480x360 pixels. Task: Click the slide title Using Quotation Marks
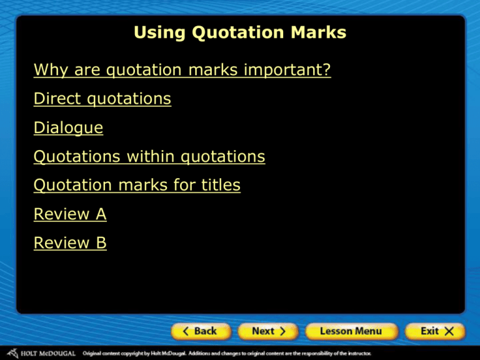point(240,32)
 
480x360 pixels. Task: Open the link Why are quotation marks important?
point(182,71)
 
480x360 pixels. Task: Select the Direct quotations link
point(102,99)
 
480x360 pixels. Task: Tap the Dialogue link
point(69,128)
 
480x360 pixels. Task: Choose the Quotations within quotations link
point(149,157)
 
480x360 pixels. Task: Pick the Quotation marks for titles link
point(137,186)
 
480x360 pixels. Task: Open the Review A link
point(70,214)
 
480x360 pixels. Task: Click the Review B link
point(70,243)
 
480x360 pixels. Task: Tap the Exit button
point(434,331)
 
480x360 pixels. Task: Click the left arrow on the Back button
point(186,331)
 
